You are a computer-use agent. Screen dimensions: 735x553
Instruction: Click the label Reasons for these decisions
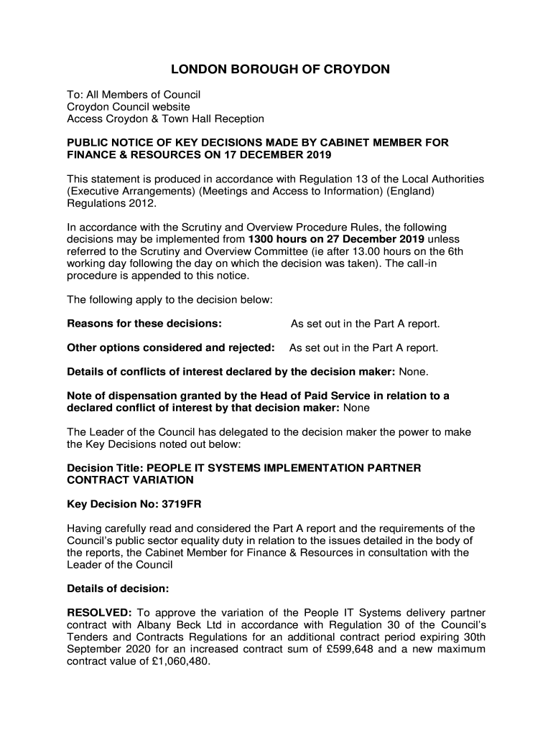144,324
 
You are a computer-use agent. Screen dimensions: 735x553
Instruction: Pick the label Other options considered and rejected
171,348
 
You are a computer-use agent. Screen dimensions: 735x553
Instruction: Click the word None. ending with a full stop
414,372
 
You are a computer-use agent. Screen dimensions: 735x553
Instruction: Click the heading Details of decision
118,589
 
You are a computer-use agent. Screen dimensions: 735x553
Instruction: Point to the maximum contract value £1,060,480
178,662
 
